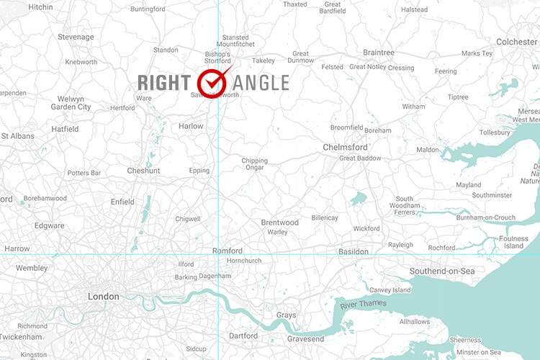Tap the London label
[x=103, y=297]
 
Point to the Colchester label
[x=516, y=42]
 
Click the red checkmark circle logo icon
[x=213, y=83]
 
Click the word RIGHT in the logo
[x=166, y=83]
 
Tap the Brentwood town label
[x=279, y=222]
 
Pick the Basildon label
[x=354, y=252]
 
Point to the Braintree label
[x=379, y=53]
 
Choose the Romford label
[x=227, y=251]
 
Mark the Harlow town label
[x=191, y=126]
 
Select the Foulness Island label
[x=513, y=242]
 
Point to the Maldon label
[x=427, y=150]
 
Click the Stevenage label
[x=76, y=37]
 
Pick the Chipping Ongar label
[x=253, y=164]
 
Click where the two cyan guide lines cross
[x=217, y=254]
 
